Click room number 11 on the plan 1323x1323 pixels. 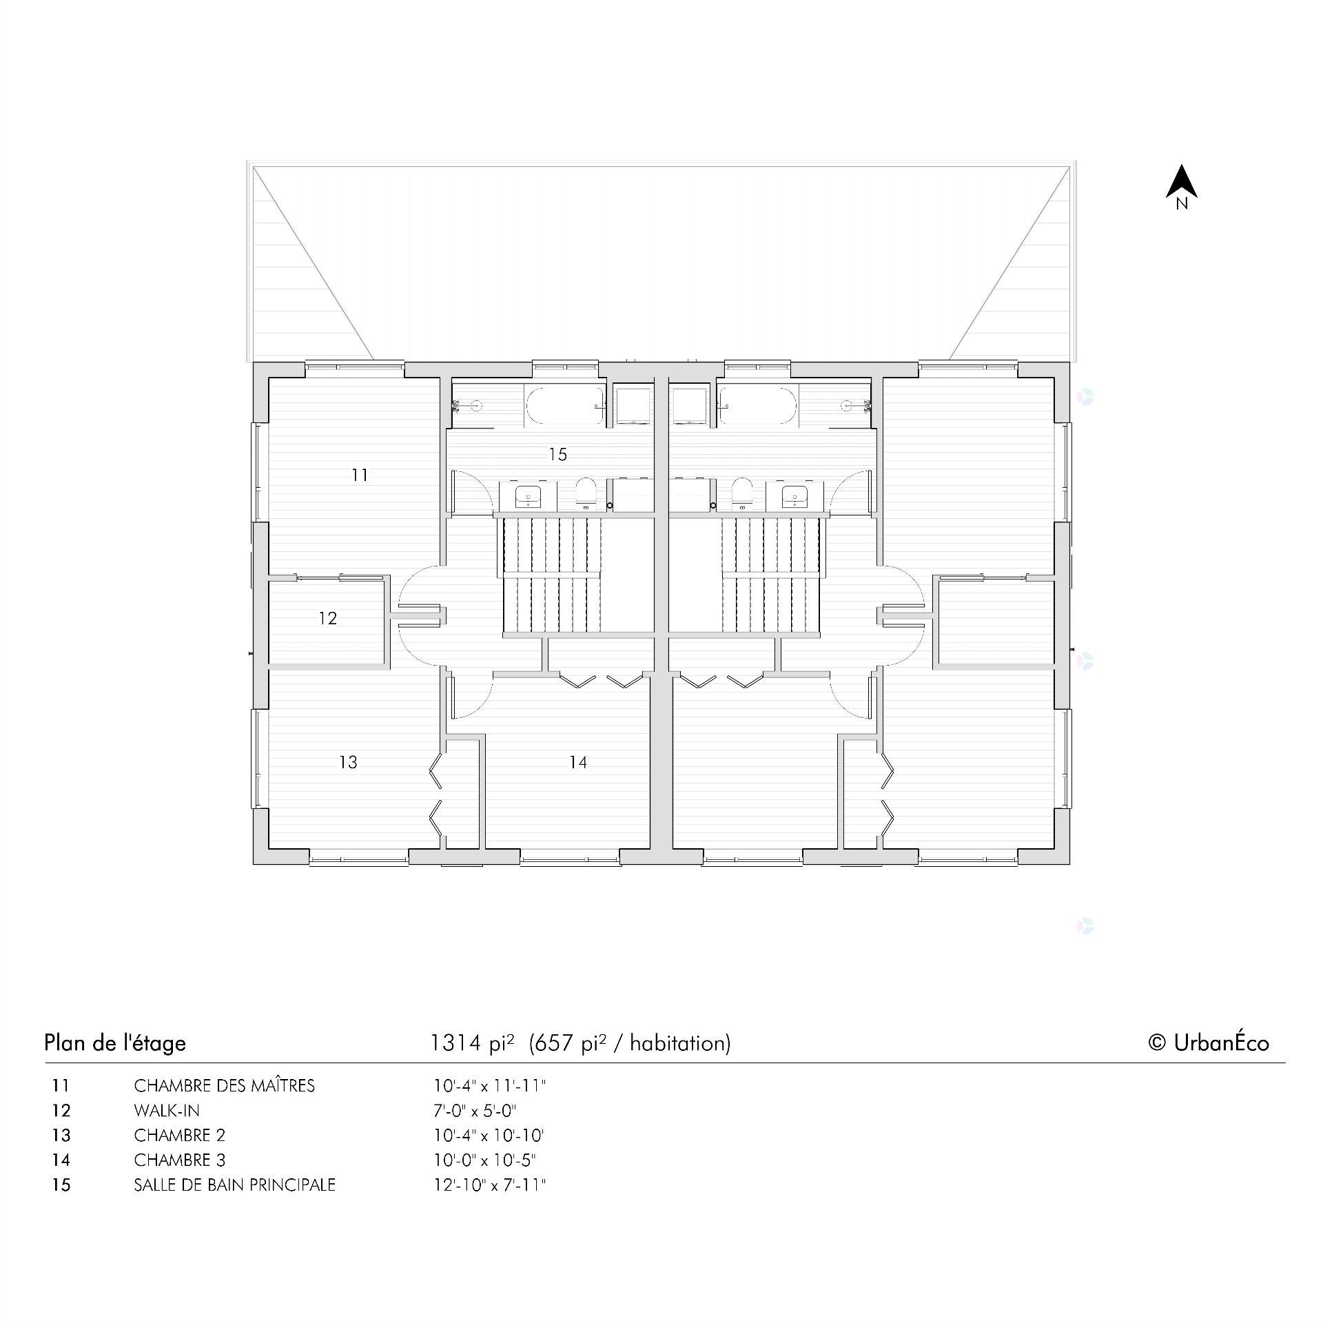[x=360, y=475]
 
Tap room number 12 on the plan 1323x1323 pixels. [x=328, y=618]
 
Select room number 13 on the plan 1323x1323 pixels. [x=349, y=762]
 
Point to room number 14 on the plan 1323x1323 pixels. [x=578, y=762]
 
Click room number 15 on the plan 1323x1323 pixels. [x=557, y=454]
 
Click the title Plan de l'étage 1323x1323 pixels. [x=115, y=1043]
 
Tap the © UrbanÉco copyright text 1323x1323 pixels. [x=1208, y=1043]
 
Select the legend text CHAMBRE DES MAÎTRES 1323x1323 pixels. [x=224, y=1086]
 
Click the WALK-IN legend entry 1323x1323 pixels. [x=167, y=1111]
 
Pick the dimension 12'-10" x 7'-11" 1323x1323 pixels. [x=489, y=1185]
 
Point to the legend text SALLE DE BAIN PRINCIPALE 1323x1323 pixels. [x=234, y=1185]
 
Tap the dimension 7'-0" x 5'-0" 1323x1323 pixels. [x=475, y=1111]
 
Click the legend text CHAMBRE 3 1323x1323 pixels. [x=179, y=1160]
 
